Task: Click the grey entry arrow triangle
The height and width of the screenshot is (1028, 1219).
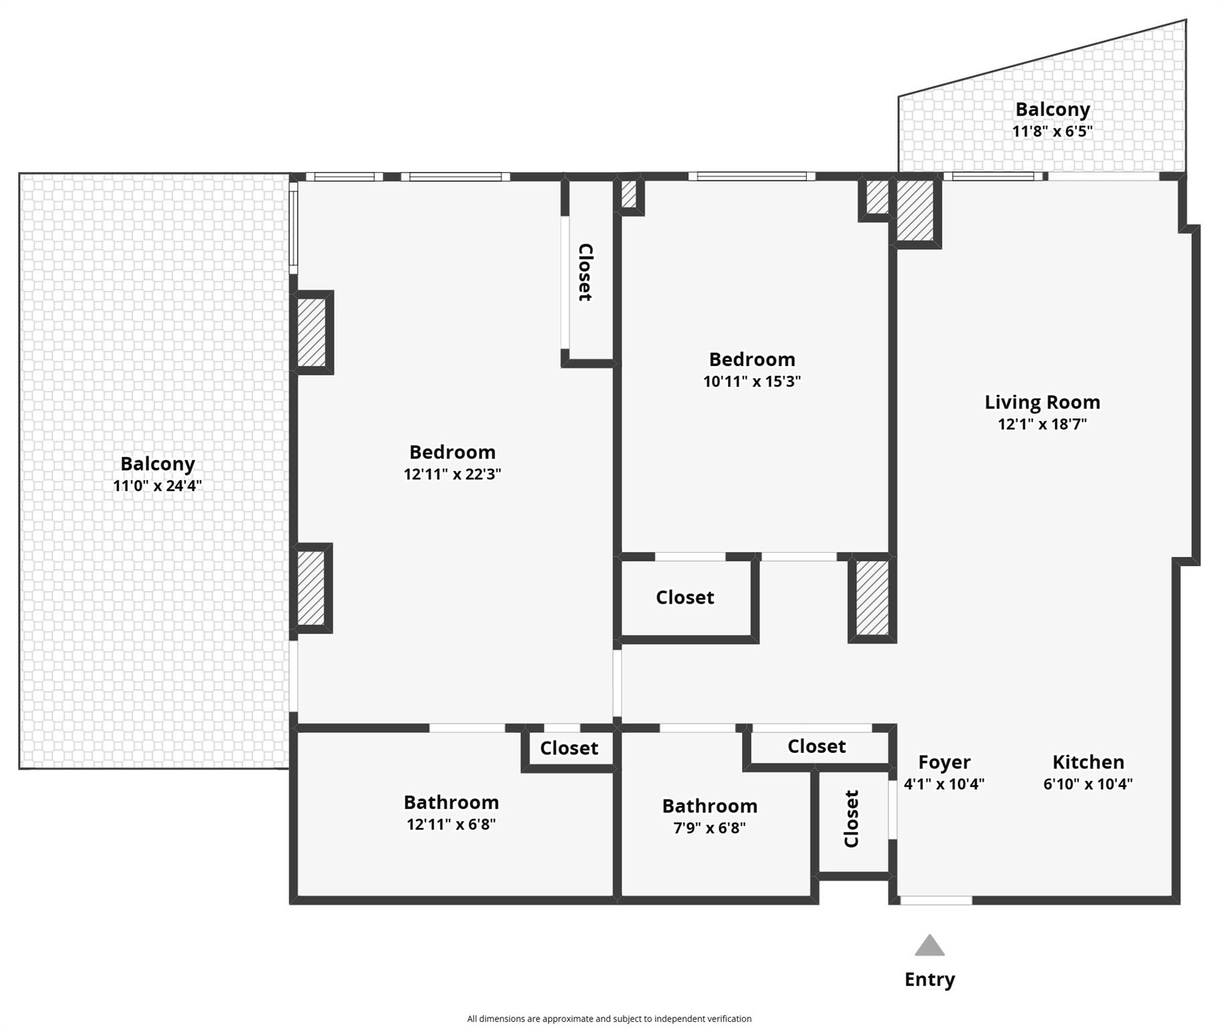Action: coord(929,945)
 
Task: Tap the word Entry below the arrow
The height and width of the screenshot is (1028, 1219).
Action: coord(929,979)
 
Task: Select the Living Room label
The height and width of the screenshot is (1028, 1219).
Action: coord(1042,402)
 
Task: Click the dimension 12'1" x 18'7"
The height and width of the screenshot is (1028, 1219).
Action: coord(1042,424)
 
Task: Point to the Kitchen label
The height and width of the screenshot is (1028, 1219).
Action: coord(1088,762)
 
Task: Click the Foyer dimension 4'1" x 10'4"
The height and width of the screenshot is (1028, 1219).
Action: coord(944,784)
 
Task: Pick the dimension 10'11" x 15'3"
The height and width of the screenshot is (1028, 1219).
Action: coord(751,381)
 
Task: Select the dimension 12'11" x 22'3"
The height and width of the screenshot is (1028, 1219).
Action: coord(452,474)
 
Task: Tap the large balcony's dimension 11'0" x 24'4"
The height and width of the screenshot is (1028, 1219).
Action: coord(157,486)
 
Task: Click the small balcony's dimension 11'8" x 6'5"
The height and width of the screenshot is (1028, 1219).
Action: coord(1052,131)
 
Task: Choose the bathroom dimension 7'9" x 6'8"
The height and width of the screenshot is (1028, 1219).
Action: coord(709,828)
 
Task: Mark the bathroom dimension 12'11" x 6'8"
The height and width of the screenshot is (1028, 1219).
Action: coord(451,824)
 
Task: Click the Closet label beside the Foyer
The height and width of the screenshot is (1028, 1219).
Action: coord(851,819)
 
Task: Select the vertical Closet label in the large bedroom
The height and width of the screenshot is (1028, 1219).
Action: coord(585,272)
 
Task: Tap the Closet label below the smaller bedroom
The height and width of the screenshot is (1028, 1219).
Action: coord(684,597)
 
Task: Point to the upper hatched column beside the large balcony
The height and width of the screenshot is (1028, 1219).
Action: coord(311,332)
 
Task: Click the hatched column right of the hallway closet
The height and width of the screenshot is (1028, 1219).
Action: coord(872,598)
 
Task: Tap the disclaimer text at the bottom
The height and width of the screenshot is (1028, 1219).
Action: coord(609,1019)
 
